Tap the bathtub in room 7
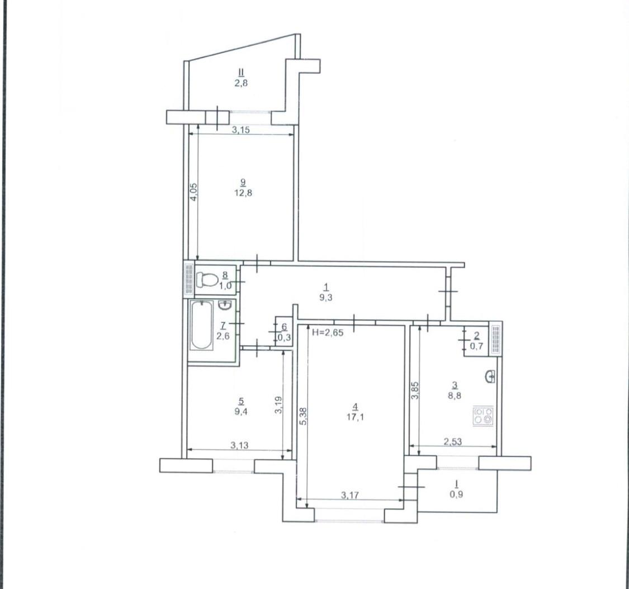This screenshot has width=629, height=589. coord(201,326)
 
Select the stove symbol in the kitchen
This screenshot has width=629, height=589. coord(484,416)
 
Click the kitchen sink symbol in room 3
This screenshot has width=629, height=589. coord(490,376)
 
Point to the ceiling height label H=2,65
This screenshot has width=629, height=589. coord(328,332)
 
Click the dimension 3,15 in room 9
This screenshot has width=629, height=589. coord(241,130)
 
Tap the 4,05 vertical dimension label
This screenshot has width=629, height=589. coord(193,192)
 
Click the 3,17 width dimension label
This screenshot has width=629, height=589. coord(349,495)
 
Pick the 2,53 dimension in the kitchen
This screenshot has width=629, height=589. coord(452,442)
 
